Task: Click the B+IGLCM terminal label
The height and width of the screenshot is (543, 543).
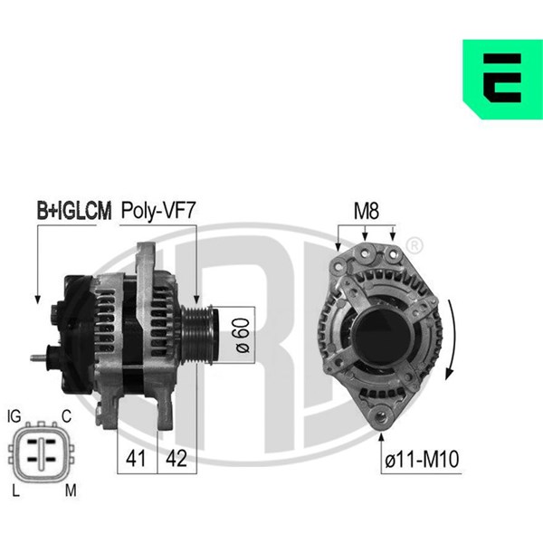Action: tap(74, 211)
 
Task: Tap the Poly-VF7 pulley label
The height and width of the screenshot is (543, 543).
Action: tap(158, 211)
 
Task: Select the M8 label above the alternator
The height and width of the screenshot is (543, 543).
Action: tap(367, 211)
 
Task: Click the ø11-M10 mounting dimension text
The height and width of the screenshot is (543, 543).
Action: tap(422, 459)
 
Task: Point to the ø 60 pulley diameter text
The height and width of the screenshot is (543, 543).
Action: tap(243, 335)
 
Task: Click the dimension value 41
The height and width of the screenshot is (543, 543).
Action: tap(136, 459)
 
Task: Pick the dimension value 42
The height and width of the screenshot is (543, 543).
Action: tap(176, 459)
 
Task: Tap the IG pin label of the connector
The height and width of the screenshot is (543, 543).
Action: tap(14, 416)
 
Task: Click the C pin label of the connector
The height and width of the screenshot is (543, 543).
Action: tap(66, 416)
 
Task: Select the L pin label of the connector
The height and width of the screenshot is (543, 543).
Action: tap(15, 491)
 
